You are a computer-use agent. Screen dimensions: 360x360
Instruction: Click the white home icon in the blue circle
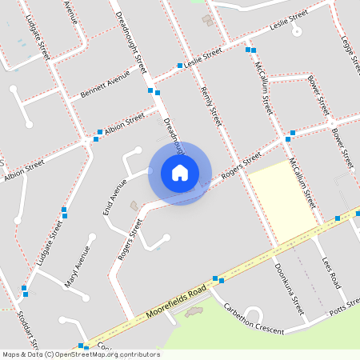coord(180,173)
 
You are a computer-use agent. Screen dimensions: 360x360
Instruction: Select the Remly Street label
coord(210,106)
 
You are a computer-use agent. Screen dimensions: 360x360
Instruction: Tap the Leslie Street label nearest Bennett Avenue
coord(202,58)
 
